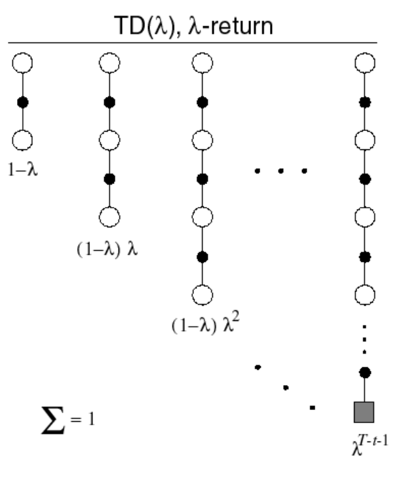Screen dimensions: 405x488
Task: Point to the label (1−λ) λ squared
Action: click(204, 326)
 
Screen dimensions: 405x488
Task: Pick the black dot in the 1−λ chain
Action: click(22, 102)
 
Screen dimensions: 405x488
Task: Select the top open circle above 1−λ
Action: click(22, 64)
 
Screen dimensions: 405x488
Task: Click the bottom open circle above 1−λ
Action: click(22, 140)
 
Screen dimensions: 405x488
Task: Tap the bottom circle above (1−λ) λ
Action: click(109, 216)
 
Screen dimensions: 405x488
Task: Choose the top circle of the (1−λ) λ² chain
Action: click(202, 64)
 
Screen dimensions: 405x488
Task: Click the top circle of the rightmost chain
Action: click(363, 64)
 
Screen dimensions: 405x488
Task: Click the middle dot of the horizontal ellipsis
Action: click(280, 172)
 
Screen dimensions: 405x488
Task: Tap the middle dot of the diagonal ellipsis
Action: click(286, 388)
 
